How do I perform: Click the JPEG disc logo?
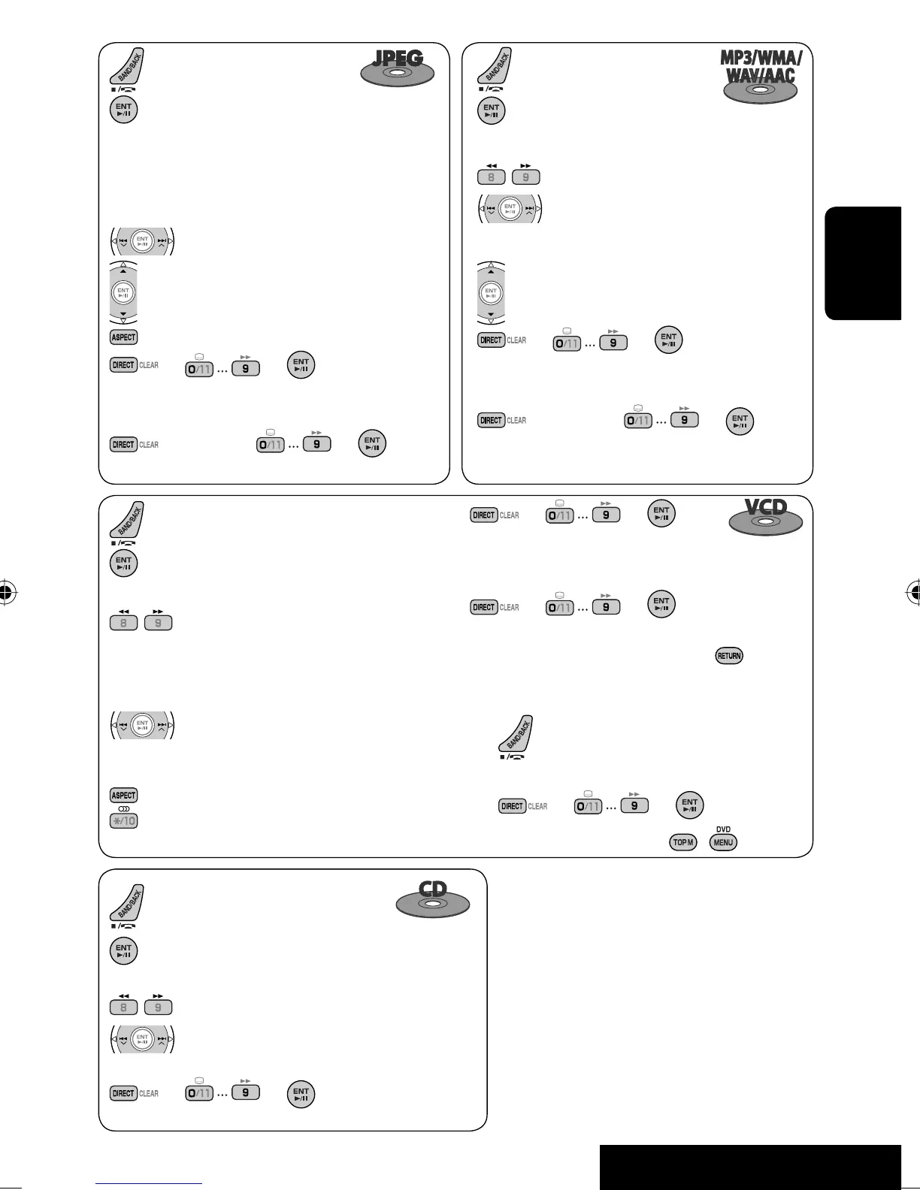[x=398, y=68]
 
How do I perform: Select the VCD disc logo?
[x=765, y=516]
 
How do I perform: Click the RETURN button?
[x=728, y=656]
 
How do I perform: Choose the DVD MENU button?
[x=723, y=842]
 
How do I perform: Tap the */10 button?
[x=124, y=820]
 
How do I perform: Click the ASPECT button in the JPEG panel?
[x=124, y=337]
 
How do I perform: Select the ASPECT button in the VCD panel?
[x=124, y=796]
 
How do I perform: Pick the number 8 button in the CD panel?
[x=124, y=1007]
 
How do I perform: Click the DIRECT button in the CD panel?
[x=123, y=1093]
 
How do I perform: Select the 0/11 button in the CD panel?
[x=199, y=1093]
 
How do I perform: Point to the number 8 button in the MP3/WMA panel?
[x=492, y=178]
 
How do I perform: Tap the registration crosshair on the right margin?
[x=913, y=592]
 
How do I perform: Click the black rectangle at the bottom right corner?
[x=750, y=1167]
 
